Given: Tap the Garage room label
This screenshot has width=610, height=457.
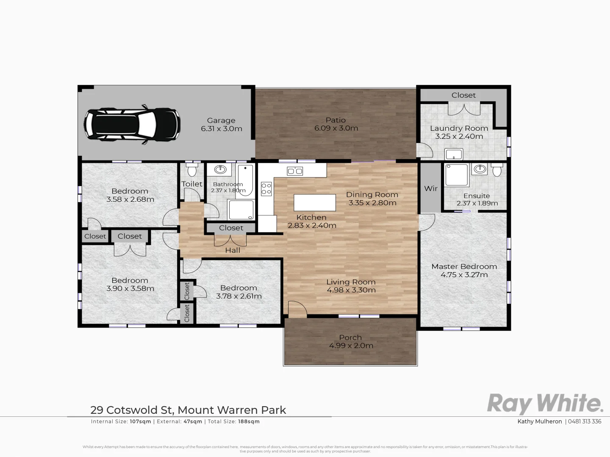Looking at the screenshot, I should pos(221,121).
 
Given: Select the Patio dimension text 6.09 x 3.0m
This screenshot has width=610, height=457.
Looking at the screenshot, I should pos(336,128).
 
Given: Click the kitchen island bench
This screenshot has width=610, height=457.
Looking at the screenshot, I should pos(315,202).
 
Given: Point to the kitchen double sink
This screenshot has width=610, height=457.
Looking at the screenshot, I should pos(295,171).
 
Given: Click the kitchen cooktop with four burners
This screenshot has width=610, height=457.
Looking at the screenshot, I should pos(266,188).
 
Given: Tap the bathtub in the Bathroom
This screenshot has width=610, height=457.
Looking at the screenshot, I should pos(245,181).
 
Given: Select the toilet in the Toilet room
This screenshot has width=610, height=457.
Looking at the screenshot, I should pos(192,170).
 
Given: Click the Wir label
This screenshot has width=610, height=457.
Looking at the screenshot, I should pos(430,188).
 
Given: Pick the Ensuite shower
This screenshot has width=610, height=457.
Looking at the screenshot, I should pos(456,175).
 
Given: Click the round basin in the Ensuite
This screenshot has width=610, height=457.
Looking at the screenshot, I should pos(480,169).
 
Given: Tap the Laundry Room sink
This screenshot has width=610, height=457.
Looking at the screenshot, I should pos(453,154).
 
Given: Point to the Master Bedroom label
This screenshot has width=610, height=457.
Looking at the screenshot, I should pos(464,267).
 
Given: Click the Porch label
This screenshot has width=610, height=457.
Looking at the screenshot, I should pos(350,338).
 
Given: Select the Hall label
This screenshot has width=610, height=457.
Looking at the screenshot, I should pos(233,251).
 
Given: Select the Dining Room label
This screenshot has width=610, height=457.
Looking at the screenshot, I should pos(372,195).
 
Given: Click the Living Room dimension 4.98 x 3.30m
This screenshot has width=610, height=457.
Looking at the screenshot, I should pos(351,290).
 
